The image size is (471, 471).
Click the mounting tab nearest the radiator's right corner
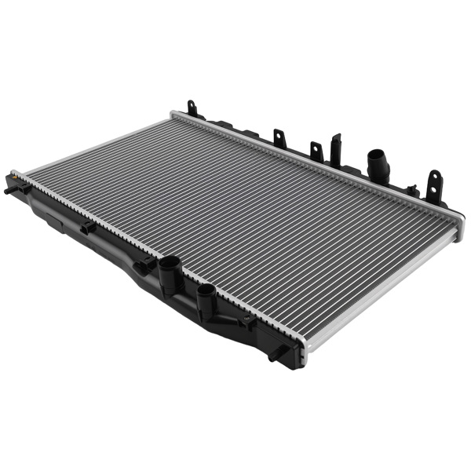[433, 184]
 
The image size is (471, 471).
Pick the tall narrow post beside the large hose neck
[336, 149]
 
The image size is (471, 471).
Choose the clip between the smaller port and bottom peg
[248, 319]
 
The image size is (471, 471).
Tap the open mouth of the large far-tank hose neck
[376, 154]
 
